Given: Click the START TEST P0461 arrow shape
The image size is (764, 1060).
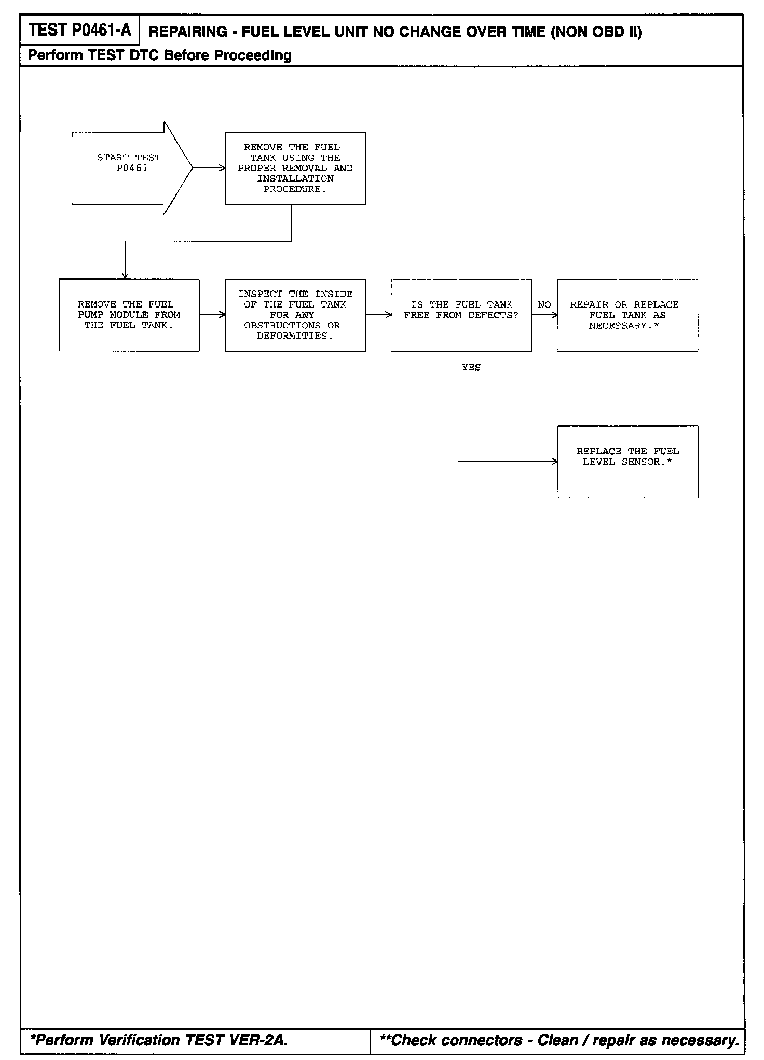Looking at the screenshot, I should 130,168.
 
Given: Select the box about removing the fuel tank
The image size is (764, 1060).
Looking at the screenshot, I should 295,168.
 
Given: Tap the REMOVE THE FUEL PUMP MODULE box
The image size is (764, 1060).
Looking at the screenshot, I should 129,315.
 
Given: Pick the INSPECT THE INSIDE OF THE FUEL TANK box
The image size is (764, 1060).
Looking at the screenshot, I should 295,315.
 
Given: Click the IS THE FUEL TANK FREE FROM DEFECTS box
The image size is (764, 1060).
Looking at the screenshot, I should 461,315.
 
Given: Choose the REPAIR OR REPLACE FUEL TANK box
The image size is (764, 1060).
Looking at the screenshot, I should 627,315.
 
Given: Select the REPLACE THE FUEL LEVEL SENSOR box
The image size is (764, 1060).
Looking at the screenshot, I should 627,462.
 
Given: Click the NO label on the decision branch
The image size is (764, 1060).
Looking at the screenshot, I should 544,305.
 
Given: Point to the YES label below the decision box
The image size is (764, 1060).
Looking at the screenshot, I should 471,368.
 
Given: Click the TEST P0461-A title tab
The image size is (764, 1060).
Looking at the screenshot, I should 80,31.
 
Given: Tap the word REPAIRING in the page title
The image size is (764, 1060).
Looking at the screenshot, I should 188,32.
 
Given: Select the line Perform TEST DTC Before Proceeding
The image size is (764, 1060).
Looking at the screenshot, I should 159,55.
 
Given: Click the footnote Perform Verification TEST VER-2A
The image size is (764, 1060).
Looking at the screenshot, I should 159,1040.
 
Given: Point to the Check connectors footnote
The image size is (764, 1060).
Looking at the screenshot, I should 560,1040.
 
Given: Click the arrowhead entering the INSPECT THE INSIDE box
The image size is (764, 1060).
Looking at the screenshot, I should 223,315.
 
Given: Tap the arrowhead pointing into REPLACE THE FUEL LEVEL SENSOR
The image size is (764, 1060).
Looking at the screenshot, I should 555,462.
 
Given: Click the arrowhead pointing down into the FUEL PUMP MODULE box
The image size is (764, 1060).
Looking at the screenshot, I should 125,276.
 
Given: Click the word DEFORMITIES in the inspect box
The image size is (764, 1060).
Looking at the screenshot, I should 294,336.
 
